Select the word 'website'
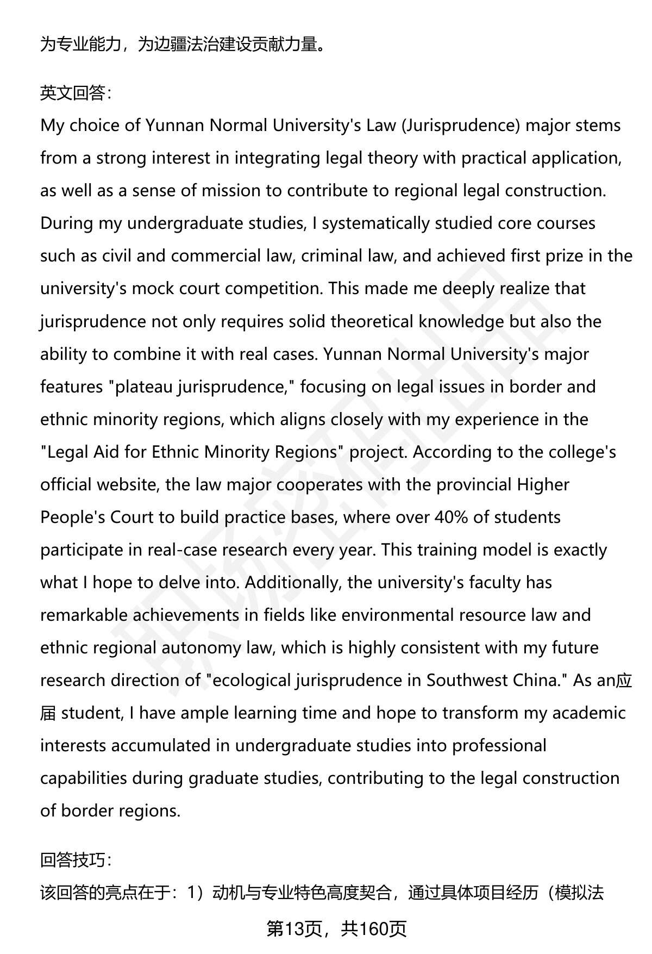(x=127, y=484)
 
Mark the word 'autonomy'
(x=202, y=647)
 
